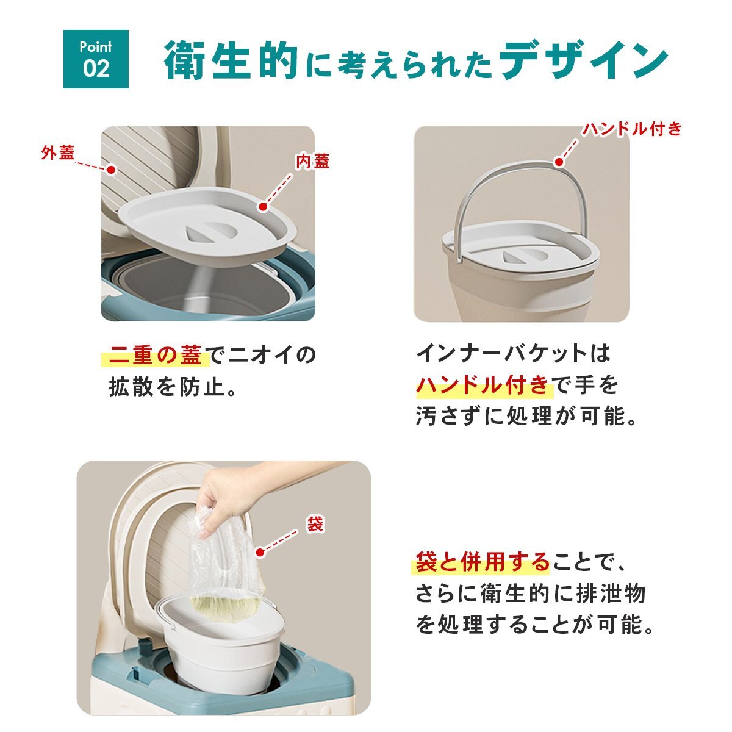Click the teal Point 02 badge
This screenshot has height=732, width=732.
pyautogui.click(x=96, y=59)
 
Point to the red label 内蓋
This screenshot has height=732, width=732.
pyautogui.click(x=313, y=161)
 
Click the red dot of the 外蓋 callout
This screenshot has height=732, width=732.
pyautogui.click(x=111, y=170)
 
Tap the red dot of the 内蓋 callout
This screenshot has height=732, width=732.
pyautogui.click(x=263, y=207)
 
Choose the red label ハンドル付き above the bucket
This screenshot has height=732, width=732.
pyautogui.click(x=632, y=129)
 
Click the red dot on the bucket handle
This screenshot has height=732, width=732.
pyautogui.click(x=559, y=162)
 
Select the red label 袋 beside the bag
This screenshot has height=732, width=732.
pyautogui.click(x=315, y=524)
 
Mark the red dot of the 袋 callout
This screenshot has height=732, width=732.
pyautogui.click(x=260, y=552)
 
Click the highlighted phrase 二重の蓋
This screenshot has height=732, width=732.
pyautogui.click(x=155, y=355)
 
